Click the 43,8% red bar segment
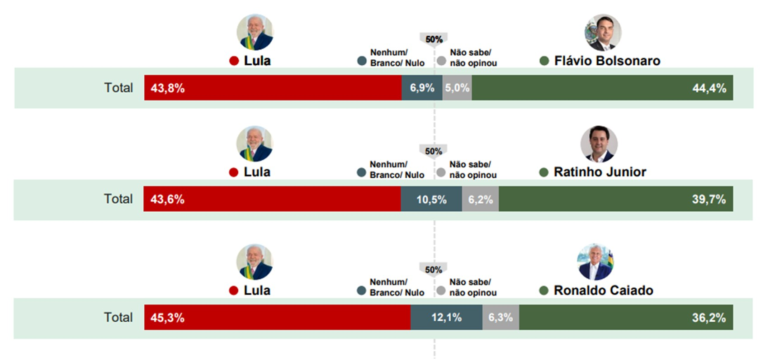pos(273,88)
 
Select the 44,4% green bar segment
pos(602,88)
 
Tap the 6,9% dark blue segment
pos(422,88)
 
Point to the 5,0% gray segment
pos(457,88)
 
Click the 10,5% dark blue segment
pos(431,199)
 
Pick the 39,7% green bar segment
pos(616,199)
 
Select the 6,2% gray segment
pos(480,199)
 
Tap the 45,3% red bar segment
pos(277,317)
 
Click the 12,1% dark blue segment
pos(446,317)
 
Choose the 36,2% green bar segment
pos(626,317)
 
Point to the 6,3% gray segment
pos(501,317)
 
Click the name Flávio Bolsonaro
pos(607,61)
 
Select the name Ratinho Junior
pos(600,172)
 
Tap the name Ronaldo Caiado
pos(603,291)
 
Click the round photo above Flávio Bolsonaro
pos(603,33)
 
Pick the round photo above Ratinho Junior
pos(599,144)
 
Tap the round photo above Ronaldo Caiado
pos(595,262)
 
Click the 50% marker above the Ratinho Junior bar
pos(433,151)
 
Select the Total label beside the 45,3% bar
pos(118,317)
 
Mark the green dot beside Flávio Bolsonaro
pos(544,61)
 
